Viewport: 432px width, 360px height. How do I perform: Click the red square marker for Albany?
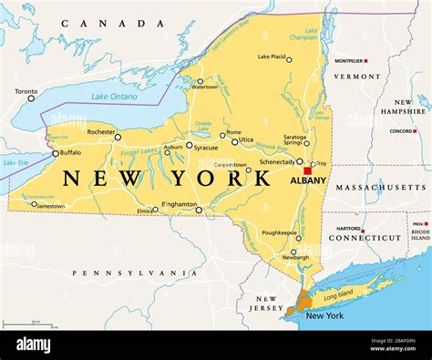tap(308, 170)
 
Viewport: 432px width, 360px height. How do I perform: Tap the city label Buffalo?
tap(70, 153)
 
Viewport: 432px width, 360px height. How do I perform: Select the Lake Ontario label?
tap(113, 96)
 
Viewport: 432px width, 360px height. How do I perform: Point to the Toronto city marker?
tap(31, 98)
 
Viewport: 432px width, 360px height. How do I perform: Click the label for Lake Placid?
tap(273, 57)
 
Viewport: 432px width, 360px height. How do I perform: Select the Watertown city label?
tap(204, 87)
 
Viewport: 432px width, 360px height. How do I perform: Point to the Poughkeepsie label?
tap(280, 232)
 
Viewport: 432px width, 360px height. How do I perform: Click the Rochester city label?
tap(100, 132)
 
